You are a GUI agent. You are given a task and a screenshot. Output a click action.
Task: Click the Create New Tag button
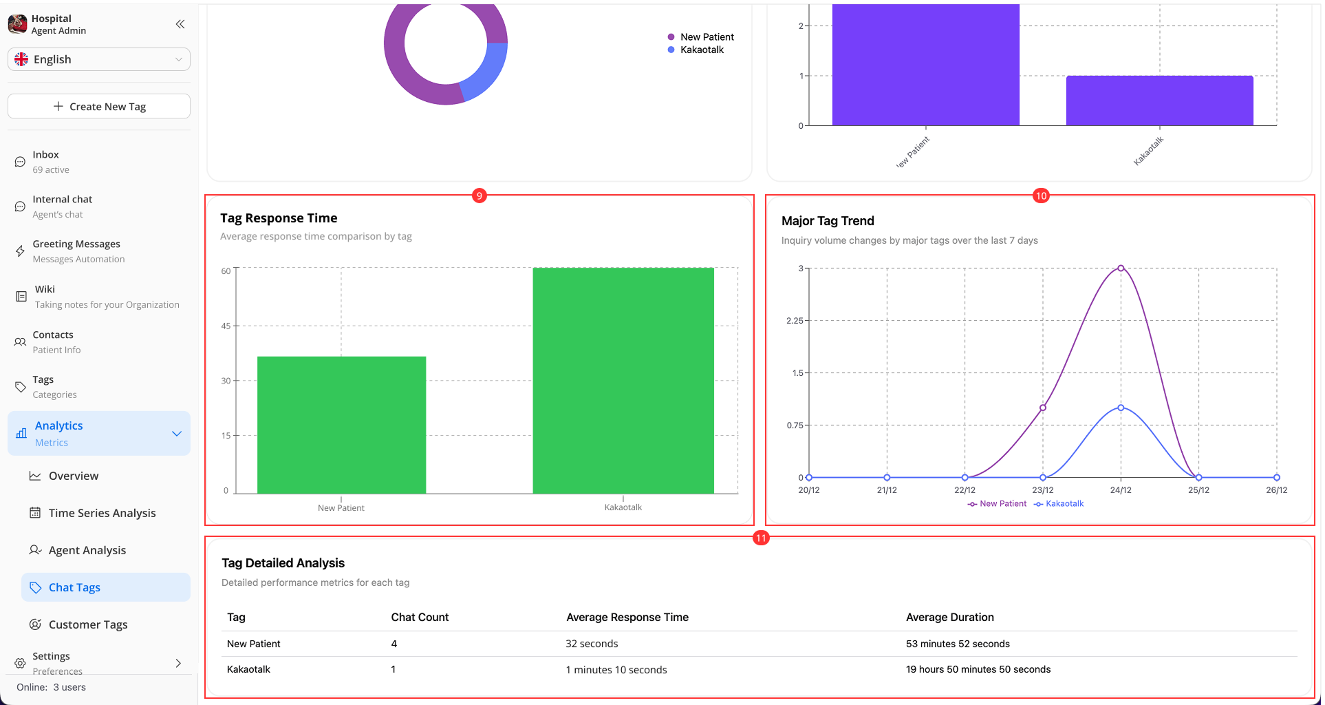point(99,107)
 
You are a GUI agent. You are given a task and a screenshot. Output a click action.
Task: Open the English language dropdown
point(99,59)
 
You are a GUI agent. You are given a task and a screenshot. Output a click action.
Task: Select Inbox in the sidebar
point(45,162)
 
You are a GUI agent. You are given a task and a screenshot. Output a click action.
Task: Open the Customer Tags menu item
point(87,624)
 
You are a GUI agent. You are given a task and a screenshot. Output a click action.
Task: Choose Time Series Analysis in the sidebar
point(102,513)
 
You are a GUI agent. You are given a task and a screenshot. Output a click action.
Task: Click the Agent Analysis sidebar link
point(87,550)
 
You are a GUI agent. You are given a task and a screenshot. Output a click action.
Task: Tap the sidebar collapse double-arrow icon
point(180,25)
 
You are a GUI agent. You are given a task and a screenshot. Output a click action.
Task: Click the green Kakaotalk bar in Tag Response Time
point(623,380)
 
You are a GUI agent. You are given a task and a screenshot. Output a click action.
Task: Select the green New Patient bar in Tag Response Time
point(341,424)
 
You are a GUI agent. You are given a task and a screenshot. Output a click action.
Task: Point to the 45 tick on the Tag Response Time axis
point(226,326)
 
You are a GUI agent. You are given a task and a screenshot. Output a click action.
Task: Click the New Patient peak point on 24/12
point(1121,268)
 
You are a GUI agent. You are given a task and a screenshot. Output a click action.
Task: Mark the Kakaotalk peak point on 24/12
point(1121,408)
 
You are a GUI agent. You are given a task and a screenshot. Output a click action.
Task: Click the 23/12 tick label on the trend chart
point(1042,490)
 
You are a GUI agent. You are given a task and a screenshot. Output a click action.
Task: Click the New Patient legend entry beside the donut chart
point(707,37)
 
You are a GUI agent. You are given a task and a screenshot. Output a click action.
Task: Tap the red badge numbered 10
point(1041,196)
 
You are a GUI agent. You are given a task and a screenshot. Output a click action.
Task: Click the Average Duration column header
point(949,618)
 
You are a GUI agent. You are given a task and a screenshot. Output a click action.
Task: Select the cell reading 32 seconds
point(592,644)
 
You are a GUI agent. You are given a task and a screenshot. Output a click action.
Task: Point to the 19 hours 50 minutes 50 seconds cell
point(978,669)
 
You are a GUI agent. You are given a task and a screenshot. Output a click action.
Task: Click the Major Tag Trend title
point(828,221)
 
